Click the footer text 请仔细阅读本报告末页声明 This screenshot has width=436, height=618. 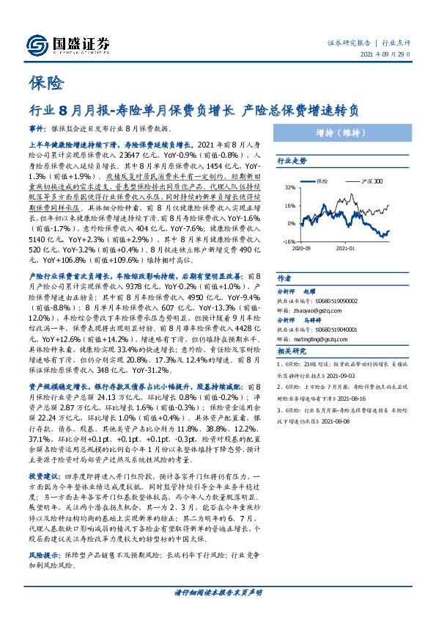pyautogui.click(x=218, y=592)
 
